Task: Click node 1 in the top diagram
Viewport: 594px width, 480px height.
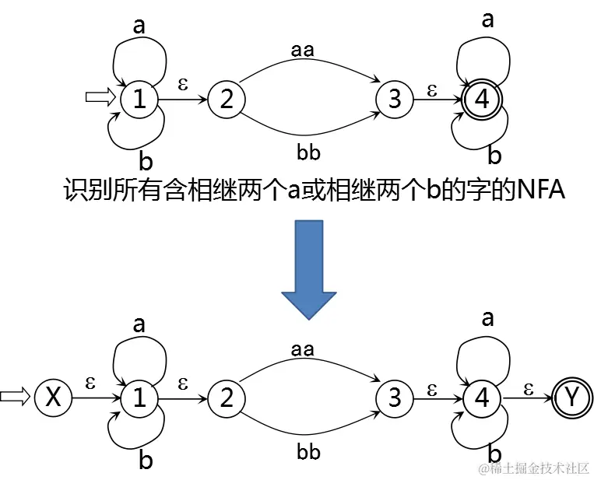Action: pyautogui.click(x=139, y=99)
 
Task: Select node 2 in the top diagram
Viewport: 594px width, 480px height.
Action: pyautogui.click(x=227, y=99)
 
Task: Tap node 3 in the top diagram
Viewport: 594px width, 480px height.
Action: pyautogui.click(x=395, y=99)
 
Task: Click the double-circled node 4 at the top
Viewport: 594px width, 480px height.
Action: pyautogui.click(x=483, y=99)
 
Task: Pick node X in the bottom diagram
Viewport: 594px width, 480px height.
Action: pyautogui.click(x=53, y=398)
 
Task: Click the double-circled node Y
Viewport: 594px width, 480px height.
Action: pyautogui.click(x=572, y=398)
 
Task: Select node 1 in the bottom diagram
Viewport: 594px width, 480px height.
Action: pyautogui.click(x=139, y=398)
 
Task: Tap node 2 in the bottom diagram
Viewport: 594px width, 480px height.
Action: pyautogui.click(x=227, y=398)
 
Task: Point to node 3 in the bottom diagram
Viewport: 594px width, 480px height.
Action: pyautogui.click(x=395, y=398)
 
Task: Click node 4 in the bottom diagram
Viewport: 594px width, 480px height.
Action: pyautogui.click(x=483, y=398)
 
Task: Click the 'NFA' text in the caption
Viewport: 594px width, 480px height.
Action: pyautogui.click(x=537, y=189)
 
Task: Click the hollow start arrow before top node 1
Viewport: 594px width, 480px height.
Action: pyautogui.click(x=100, y=97)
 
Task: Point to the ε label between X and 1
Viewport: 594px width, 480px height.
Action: pyautogui.click(x=90, y=383)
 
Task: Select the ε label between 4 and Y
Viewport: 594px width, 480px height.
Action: pyautogui.click(x=528, y=384)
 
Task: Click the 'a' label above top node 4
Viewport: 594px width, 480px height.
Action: pyautogui.click(x=488, y=20)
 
